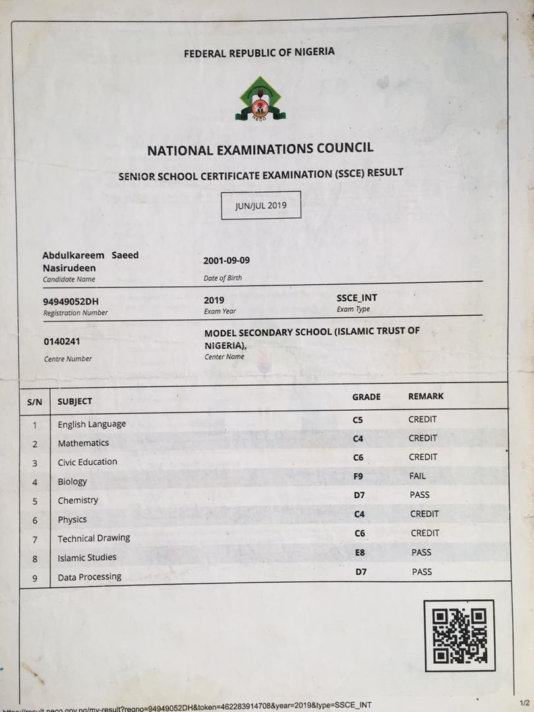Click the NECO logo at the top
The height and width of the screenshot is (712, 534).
click(x=260, y=100)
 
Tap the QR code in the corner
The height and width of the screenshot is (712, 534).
click(x=460, y=635)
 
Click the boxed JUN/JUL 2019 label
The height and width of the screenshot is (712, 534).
click(x=261, y=206)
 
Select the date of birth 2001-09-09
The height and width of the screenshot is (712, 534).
click(x=227, y=260)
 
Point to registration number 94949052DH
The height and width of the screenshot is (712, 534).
click(x=71, y=301)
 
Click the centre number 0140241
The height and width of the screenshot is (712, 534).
click(x=63, y=341)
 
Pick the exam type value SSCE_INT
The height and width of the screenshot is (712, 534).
click(x=357, y=298)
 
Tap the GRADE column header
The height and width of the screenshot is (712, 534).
click(x=367, y=397)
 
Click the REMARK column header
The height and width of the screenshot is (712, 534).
click(x=426, y=396)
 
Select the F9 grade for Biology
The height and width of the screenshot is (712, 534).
click(x=359, y=475)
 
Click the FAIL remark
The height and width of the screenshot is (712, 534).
click(x=417, y=475)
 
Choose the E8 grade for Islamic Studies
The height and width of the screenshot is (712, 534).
click(x=360, y=552)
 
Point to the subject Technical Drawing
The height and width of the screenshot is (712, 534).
click(x=94, y=538)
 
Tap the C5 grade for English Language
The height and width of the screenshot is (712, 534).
click(x=358, y=419)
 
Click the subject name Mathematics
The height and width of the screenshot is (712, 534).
click(x=83, y=443)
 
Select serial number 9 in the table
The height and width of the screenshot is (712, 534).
click(x=35, y=578)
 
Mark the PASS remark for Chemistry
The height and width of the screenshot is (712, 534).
click(x=419, y=494)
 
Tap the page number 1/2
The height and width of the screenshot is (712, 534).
click(x=525, y=703)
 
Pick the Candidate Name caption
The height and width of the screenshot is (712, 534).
click(x=69, y=280)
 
